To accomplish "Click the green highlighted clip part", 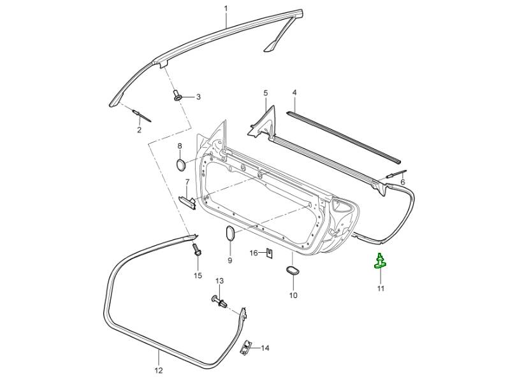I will pos(380,262).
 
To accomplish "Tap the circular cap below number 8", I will pos(180,165).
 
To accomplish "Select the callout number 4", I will pos(295,93).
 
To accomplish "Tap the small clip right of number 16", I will pos(270,254).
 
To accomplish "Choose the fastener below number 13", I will pos(219,301).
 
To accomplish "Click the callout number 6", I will pos(402,183).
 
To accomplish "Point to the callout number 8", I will pos(180,146).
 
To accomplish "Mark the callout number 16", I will pos(254,253).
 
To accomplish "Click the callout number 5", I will pos(265,93).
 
